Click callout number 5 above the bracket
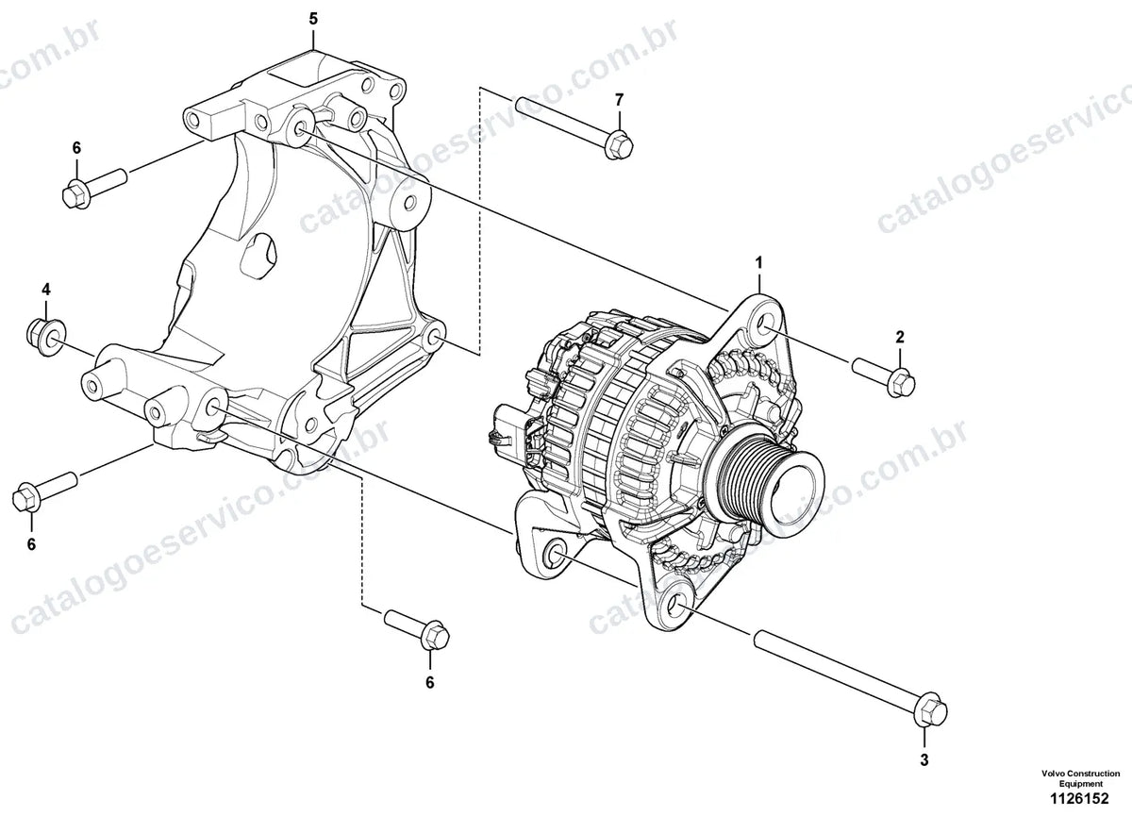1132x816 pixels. point(313,19)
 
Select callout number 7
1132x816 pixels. point(619,100)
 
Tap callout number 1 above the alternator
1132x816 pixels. point(758,263)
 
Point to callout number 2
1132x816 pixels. point(900,337)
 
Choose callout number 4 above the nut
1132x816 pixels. point(46,290)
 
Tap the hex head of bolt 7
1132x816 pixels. point(619,144)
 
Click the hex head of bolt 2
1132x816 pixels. point(901,384)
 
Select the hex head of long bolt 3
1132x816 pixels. point(931,711)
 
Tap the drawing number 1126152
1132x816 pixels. point(1079,799)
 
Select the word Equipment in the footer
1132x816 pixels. point(1080,784)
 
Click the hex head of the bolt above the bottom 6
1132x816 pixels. point(434,636)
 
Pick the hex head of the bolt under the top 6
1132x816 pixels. point(75,194)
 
